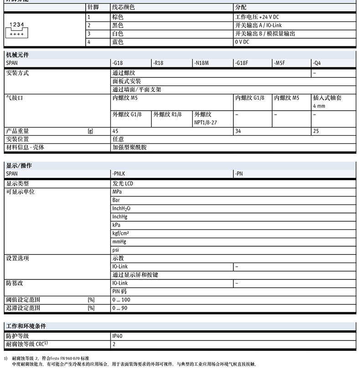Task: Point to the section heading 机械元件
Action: (17, 55)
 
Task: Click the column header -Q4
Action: (317, 63)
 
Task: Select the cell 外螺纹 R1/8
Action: (167, 115)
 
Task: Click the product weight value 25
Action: (316, 131)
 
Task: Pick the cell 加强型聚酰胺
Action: (129, 147)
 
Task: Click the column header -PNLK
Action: (119, 173)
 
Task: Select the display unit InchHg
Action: (119, 217)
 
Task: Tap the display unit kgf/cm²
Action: (121, 233)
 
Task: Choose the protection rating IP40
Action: (118, 336)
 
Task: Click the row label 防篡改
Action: (14, 283)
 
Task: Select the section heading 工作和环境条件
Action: (26, 326)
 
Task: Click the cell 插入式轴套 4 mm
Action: (327, 101)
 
